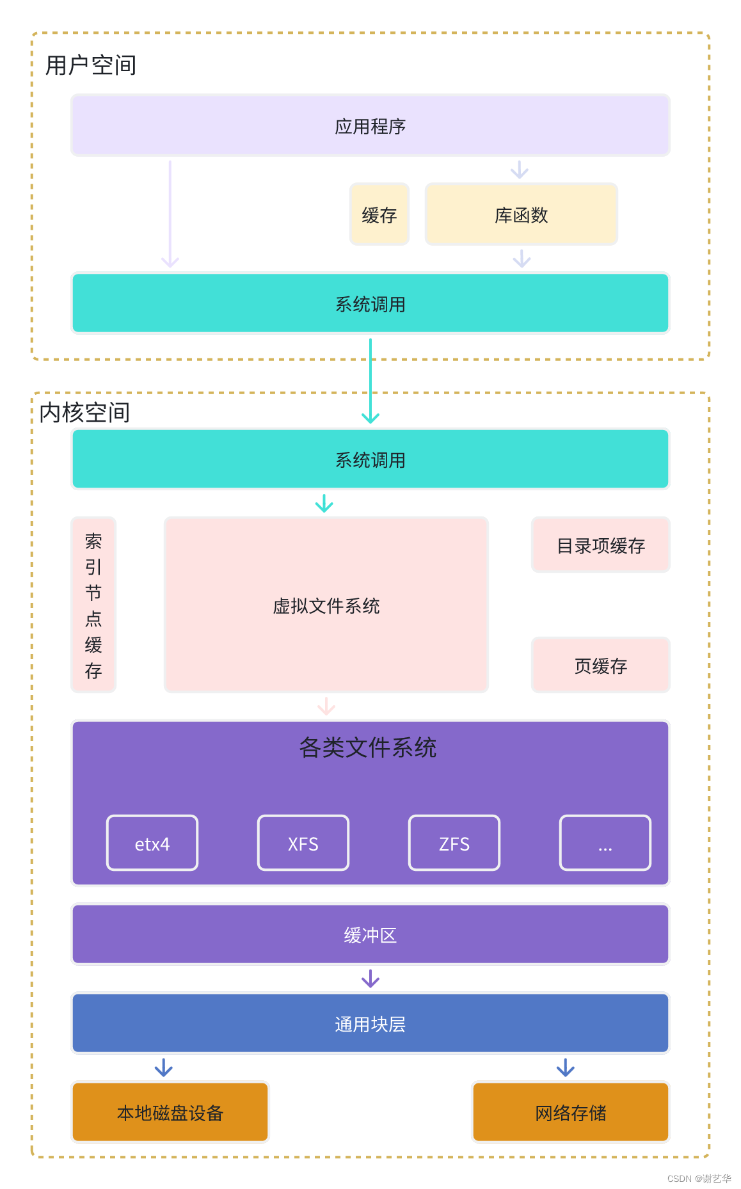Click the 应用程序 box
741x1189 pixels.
[x=370, y=126]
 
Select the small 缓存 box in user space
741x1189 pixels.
[x=379, y=215]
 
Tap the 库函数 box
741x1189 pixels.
[x=521, y=215]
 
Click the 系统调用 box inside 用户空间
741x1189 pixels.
[x=370, y=304]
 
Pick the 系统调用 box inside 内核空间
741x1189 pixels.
[x=370, y=459]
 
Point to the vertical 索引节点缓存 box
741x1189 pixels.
[x=93, y=605]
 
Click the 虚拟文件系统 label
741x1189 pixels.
[x=326, y=605]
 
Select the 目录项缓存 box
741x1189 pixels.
[x=600, y=545]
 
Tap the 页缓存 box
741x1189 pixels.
[x=600, y=666]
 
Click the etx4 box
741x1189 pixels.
[x=152, y=843]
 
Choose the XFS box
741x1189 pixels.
[x=303, y=843]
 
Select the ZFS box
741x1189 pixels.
[x=454, y=843]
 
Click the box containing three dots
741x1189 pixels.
[x=605, y=843]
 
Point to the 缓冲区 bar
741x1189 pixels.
[x=370, y=934]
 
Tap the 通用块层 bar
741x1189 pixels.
[x=370, y=1024]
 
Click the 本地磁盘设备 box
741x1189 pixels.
[x=170, y=1113]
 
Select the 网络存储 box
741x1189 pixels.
[x=570, y=1113]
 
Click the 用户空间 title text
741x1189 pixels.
[x=91, y=65]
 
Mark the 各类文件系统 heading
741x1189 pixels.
[x=368, y=747]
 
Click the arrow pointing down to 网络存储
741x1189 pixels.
[x=566, y=1067]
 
